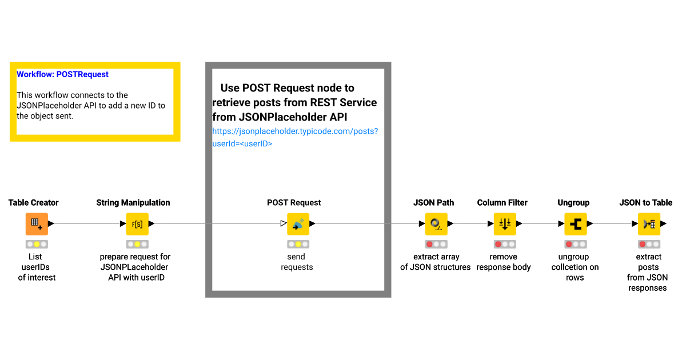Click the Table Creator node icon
[x=37, y=224]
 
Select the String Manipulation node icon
[x=137, y=224]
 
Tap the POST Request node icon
[x=298, y=224]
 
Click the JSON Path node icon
[x=436, y=224]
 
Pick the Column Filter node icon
[x=505, y=224]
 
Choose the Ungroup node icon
[x=575, y=224]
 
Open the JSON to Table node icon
[x=649, y=224]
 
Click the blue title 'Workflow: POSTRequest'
[x=62, y=74]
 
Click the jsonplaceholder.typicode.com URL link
[x=294, y=137]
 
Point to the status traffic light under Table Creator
[x=37, y=244]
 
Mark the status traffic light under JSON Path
[x=436, y=244]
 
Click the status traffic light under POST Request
[x=298, y=244]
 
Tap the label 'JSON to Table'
[x=645, y=203]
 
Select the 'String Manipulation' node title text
[x=133, y=203]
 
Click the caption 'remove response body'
[x=504, y=262]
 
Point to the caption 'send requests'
[x=296, y=262]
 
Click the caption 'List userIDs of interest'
[x=36, y=267]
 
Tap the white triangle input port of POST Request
[x=284, y=223]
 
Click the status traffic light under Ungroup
[x=575, y=244]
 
